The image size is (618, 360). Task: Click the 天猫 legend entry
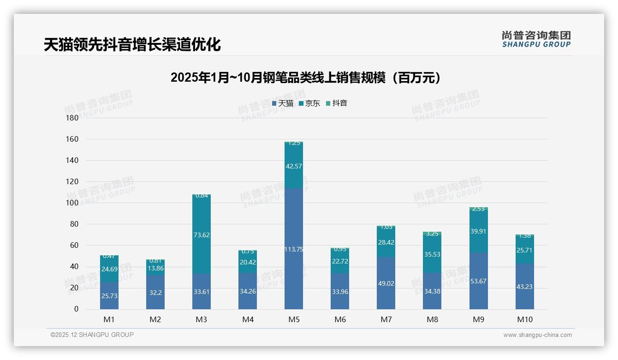tap(283, 103)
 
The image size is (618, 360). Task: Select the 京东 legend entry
tap(309, 103)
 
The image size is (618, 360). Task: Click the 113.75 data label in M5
tap(294, 250)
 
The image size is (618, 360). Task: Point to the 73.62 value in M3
tap(202, 235)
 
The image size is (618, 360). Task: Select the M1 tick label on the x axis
tap(109, 319)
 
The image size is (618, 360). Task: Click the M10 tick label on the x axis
tap(524, 319)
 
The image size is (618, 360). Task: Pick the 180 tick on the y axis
tap(73, 118)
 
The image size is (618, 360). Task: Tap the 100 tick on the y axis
tap(73, 203)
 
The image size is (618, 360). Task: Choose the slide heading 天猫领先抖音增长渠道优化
tap(132, 45)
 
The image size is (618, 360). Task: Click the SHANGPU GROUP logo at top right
tap(536, 39)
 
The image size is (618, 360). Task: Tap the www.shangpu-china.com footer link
tap(537, 335)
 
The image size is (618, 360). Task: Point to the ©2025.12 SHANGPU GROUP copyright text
tap(92, 335)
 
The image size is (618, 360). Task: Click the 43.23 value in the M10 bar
tap(524, 287)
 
